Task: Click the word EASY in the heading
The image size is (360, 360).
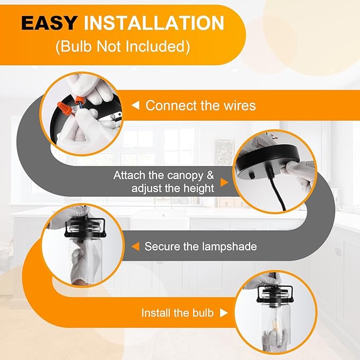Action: (49, 23)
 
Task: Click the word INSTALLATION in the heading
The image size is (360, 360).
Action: (154, 23)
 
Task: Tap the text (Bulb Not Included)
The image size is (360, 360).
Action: (122, 47)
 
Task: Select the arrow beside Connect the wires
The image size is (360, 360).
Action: (135, 106)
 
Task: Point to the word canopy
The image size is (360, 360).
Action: (185, 176)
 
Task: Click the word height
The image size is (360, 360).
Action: (198, 188)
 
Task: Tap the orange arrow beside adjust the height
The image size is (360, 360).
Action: (224, 182)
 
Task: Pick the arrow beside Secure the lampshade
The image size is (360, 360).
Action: (135, 247)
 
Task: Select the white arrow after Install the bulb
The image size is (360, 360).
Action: (224, 313)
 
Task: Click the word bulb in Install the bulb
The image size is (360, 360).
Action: (203, 313)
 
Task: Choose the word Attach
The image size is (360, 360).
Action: (129, 175)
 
